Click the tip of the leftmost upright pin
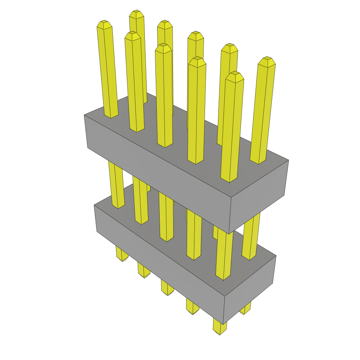click(104, 24)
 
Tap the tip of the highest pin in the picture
click(136, 14)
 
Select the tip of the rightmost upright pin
click(266, 60)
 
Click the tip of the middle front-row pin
click(163, 48)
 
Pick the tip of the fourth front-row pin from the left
click(197, 62)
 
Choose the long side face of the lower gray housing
click(158, 257)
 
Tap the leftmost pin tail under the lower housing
click(121, 255)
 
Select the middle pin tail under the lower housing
click(167, 288)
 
